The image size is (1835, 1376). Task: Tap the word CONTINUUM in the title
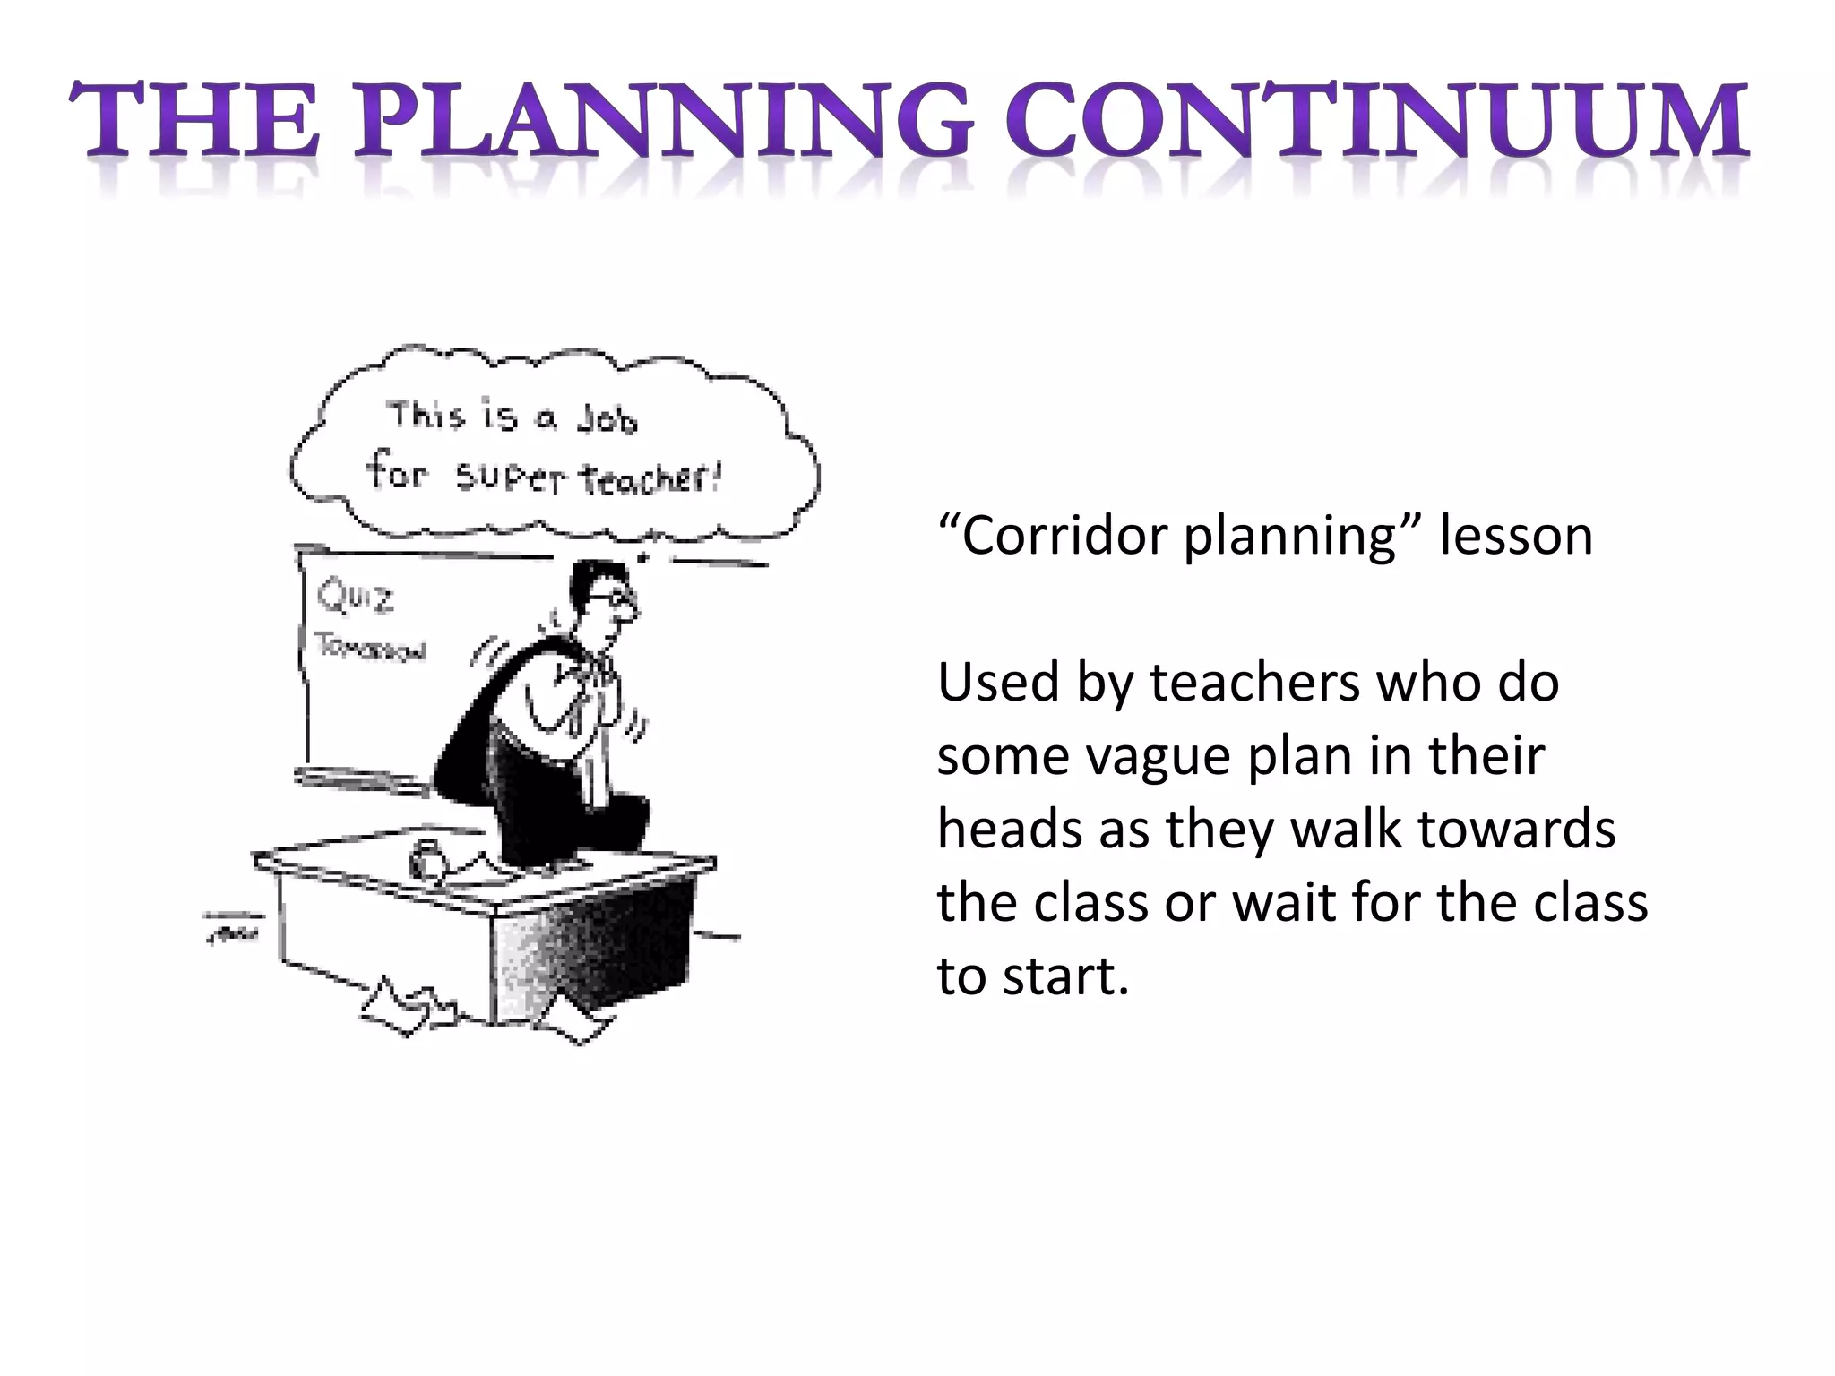coord(1376,121)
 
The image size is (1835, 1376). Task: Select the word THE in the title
coord(194,121)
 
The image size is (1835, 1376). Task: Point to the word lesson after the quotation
coord(1516,537)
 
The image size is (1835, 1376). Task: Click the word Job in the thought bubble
coord(607,419)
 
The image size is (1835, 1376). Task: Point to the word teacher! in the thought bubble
coord(650,478)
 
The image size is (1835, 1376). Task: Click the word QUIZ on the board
coord(356,597)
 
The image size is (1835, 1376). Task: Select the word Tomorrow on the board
coord(369,648)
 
